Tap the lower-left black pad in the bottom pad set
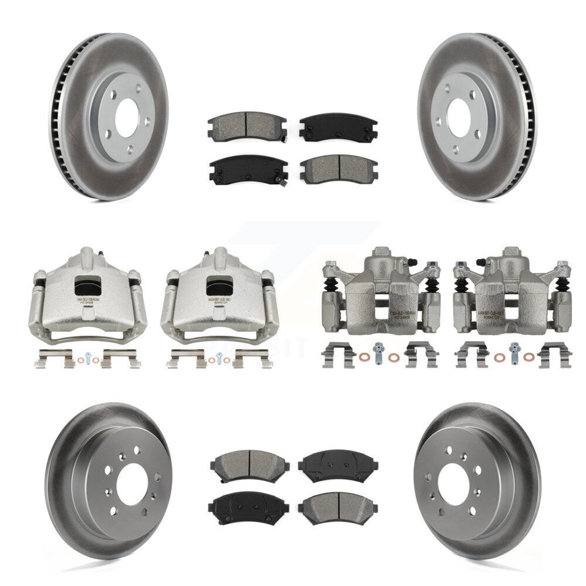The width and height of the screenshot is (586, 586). (x=249, y=508)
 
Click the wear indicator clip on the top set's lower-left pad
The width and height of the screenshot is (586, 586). (x=281, y=180)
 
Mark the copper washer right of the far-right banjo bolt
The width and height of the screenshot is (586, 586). (x=530, y=356)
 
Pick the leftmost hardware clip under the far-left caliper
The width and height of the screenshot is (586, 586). (x=51, y=358)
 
